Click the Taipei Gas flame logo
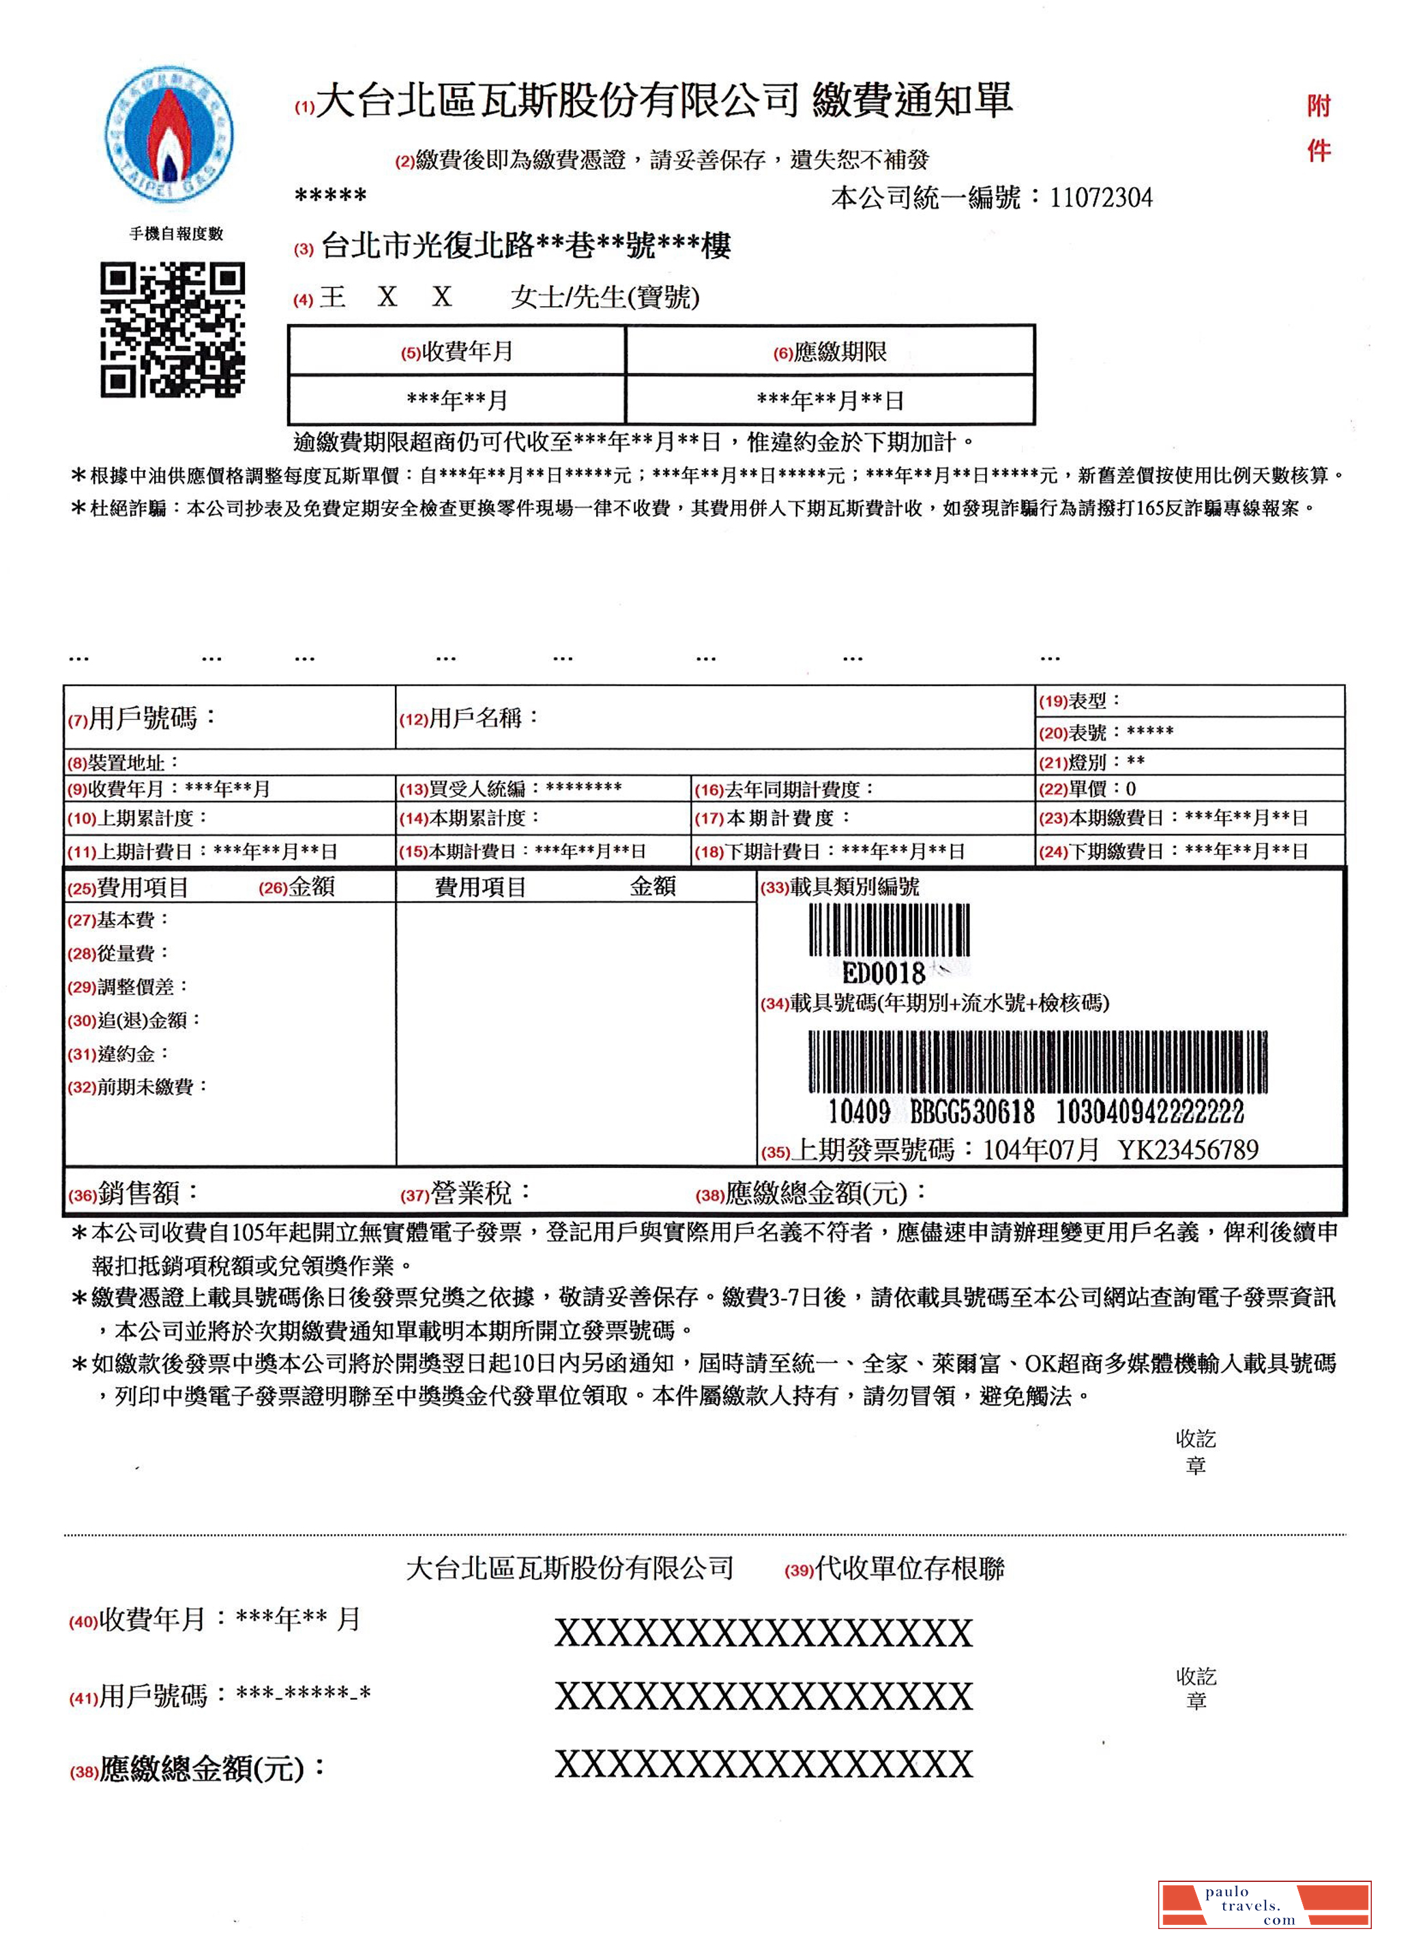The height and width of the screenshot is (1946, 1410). point(169,132)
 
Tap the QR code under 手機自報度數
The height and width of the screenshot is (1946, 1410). point(173,330)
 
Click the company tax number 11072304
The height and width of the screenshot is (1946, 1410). point(1100,198)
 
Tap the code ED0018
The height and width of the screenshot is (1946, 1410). point(883,973)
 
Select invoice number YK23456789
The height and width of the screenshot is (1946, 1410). point(1188,1150)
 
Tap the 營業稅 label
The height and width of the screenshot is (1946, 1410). point(479,1193)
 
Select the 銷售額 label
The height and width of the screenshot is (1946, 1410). point(147,1193)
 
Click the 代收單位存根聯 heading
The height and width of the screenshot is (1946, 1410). point(909,1568)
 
